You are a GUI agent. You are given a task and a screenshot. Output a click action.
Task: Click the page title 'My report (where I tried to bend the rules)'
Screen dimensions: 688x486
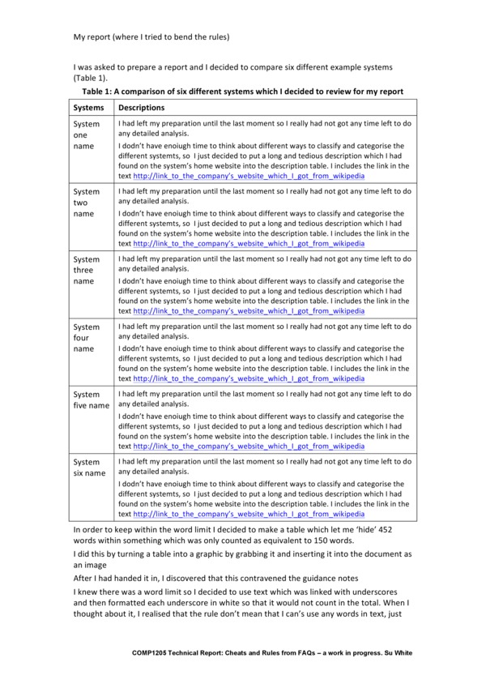(x=151, y=36)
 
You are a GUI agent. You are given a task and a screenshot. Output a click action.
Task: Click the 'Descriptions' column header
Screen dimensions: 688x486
(x=142, y=107)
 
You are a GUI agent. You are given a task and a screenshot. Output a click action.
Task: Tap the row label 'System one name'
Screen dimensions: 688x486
(x=87, y=135)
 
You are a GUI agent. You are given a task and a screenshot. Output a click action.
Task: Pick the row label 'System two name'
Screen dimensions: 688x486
(x=87, y=203)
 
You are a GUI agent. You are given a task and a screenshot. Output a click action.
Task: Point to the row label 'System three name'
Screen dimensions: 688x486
(x=87, y=270)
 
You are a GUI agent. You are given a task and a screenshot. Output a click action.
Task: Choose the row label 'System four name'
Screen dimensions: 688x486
(x=87, y=338)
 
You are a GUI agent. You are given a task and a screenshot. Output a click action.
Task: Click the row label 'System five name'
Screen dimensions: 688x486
(x=91, y=399)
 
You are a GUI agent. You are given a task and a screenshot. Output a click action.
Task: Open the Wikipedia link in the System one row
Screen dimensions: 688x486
(x=249, y=175)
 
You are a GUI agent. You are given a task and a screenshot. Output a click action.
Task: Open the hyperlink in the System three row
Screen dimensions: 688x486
(x=249, y=310)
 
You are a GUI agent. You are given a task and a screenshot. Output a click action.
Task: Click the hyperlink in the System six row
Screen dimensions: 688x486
(x=249, y=513)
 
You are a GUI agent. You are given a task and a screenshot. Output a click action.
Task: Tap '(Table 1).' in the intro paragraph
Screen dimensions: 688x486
(x=90, y=78)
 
